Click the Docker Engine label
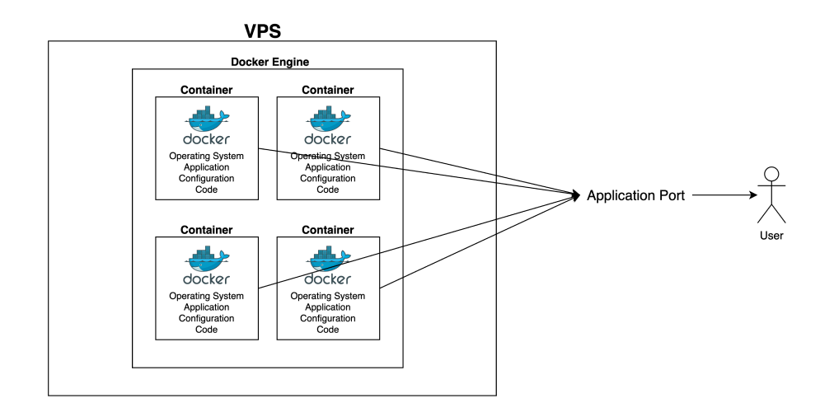pos(269,62)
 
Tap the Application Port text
pos(635,196)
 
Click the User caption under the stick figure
pos(771,236)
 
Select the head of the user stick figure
pos(771,174)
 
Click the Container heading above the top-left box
pos(206,90)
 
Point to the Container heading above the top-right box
pos(328,90)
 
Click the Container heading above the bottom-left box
pos(206,230)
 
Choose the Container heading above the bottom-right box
pos(328,230)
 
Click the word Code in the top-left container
pos(206,190)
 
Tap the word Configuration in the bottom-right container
pos(328,318)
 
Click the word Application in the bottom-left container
pos(206,307)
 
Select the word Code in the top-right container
pos(328,190)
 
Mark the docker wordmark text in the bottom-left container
pos(206,279)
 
